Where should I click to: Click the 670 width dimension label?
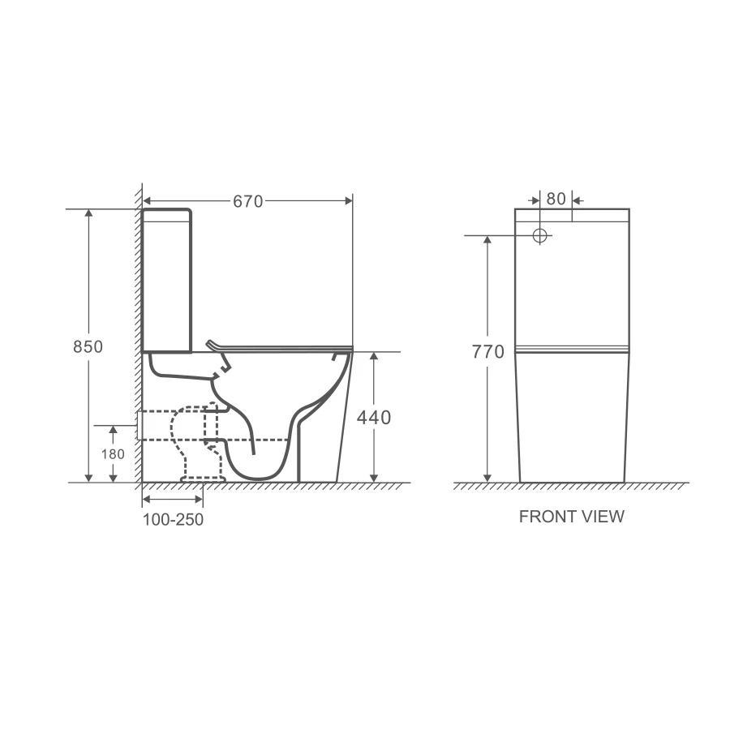point(247,201)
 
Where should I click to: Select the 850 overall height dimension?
point(88,346)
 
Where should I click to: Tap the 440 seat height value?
point(373,418)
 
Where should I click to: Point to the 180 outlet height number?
point(113,454)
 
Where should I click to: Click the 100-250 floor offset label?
point(173,520)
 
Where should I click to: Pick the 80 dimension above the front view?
point(556,199)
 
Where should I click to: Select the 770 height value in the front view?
point(488,351)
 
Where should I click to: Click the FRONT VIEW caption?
point(571,517)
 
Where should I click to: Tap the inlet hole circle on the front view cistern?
point(539,235)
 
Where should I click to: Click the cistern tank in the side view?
point(166,281)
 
